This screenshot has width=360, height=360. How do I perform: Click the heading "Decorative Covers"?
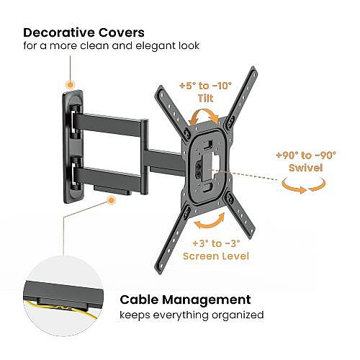(84, 32)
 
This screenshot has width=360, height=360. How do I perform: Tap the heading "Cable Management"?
(185, 300)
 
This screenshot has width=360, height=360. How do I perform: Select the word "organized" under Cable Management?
(238, 315)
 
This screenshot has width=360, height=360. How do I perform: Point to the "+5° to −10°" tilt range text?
(205, 86)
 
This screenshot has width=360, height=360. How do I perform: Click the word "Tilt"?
(205, 98)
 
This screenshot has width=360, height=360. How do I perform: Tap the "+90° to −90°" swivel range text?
(306, 155)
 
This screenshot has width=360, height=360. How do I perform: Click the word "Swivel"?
(306, 168)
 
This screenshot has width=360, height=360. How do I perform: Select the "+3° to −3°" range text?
(216, 243)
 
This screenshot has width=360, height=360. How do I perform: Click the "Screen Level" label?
(216, 256)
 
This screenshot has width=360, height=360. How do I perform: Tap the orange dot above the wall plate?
(71, 84)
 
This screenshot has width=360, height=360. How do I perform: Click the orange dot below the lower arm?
(111, 200)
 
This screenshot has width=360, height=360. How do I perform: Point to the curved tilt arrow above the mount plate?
(204, 111)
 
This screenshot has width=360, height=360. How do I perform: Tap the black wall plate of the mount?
(73, 147)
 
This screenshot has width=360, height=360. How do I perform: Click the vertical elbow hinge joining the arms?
(144, 156)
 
